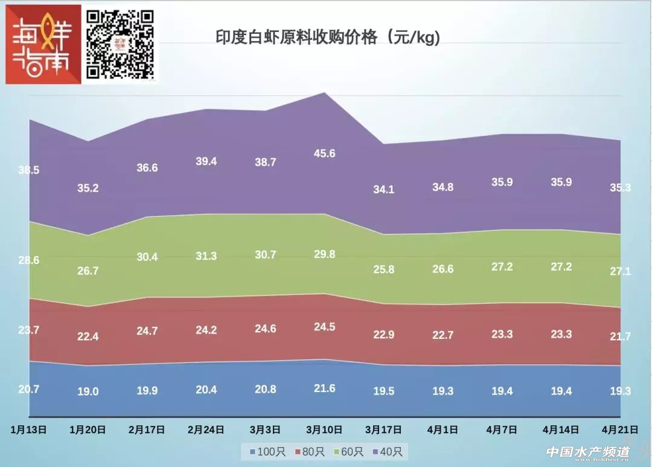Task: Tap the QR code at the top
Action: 120,43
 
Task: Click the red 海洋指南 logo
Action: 43,44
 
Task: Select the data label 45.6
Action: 325,153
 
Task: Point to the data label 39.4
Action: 206,161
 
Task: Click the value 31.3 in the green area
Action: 206,256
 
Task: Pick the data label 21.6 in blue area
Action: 325,388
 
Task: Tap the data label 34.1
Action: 384,190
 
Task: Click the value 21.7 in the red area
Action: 620,337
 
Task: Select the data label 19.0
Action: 88,391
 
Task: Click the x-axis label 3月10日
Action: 325,430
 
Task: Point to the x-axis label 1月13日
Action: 29,430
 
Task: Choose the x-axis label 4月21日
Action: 620,430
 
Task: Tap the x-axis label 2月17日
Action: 147,430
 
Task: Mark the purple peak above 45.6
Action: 325,93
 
